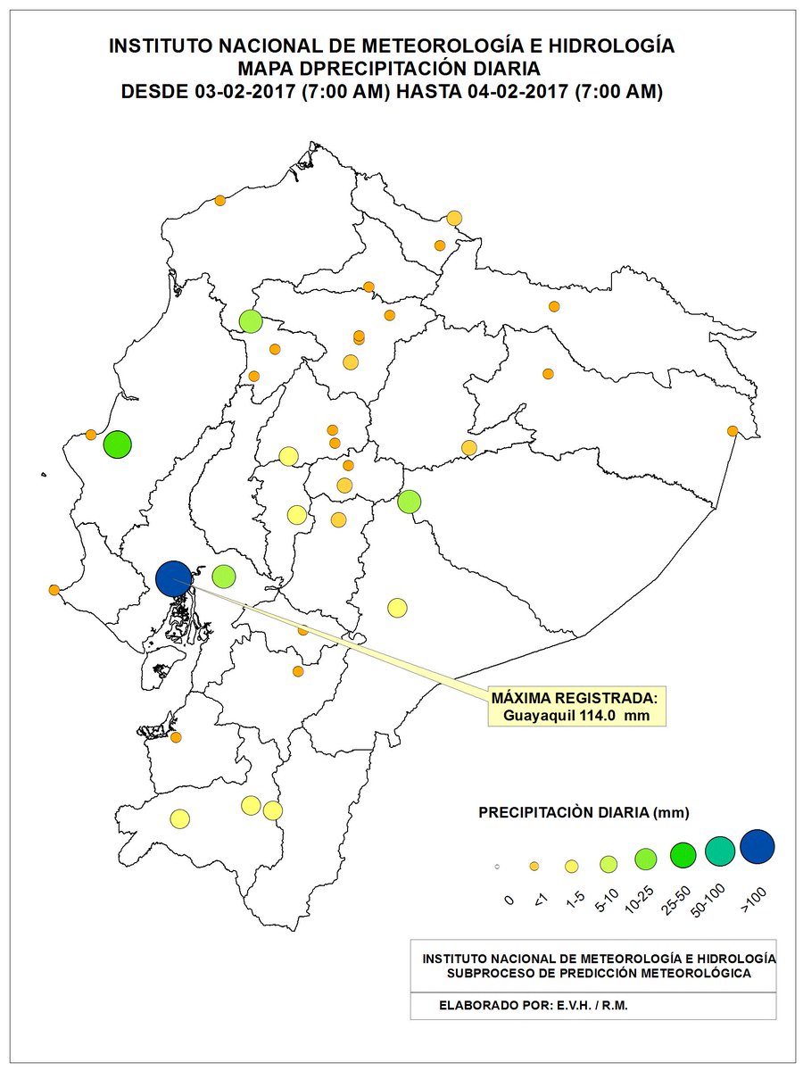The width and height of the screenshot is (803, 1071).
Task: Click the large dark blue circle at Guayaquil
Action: click(173, 578)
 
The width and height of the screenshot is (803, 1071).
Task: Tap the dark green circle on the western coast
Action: click(117, 444)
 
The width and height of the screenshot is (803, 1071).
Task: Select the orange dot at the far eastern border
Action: click(733, 431)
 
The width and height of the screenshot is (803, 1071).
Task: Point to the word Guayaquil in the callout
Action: click(538, 715)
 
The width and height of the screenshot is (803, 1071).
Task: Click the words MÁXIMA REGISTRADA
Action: click(575, 697)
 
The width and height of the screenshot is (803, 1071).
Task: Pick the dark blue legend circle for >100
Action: click(757, 847)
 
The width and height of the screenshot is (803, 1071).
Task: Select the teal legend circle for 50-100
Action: click(720, 851)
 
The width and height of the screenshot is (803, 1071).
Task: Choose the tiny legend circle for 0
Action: click(496, 867)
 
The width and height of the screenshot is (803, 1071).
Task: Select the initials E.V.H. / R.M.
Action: click(591, 1006)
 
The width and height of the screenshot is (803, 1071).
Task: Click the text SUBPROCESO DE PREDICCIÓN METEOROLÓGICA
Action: click(599, 972)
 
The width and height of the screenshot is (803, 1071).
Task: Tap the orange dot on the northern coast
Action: click(219, 201)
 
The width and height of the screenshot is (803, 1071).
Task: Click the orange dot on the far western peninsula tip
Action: click(54, 590)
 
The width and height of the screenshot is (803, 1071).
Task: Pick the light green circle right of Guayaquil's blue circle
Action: click(223, 577)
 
